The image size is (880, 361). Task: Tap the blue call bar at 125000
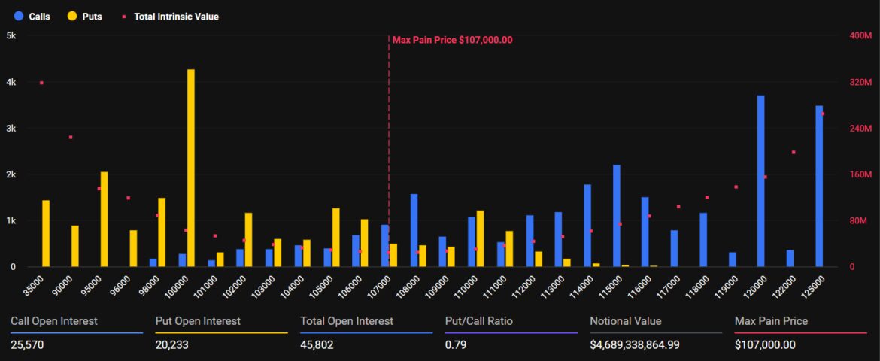(x=819, y=187)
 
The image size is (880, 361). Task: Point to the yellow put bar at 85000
(x=46, y=234)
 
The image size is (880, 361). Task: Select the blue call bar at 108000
(x=414, y=230)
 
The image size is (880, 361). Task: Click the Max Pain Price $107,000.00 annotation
(x=452, y=40)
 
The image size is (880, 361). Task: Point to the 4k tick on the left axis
(x=11, y=82)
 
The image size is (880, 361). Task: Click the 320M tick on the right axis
(x=859, y=82)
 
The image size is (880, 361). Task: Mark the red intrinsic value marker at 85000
(x=41, y=83)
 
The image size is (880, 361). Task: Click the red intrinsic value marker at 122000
(x=793, y=153)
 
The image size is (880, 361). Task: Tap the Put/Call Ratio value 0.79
(x=454, y=344)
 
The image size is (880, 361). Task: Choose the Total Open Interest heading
(x=346, y=321)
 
